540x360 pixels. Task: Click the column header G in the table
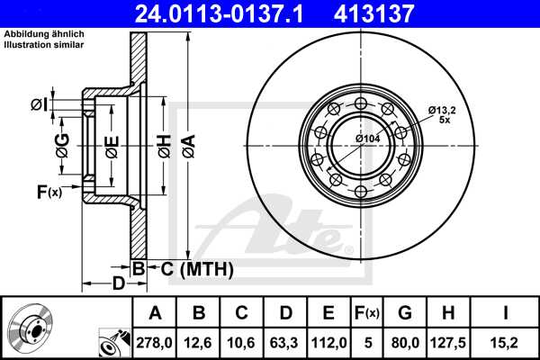pyautogui.click(x=405, y=313)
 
